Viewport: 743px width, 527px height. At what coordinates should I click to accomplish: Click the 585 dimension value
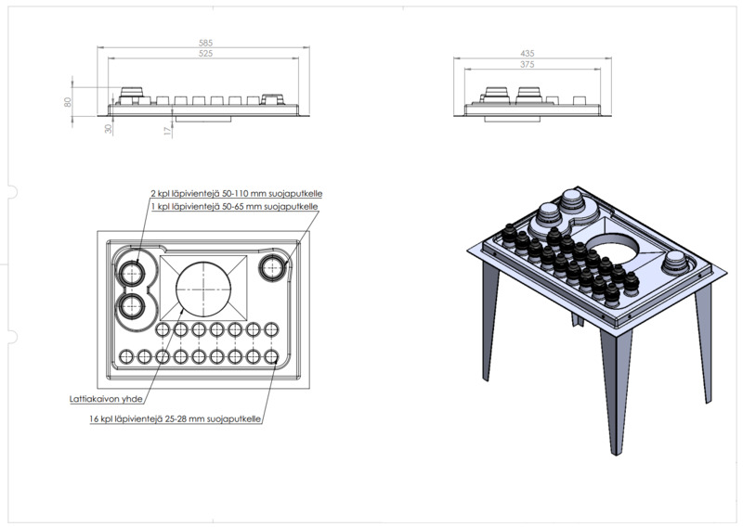tap(205, 43)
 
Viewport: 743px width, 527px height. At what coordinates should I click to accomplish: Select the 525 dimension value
tap(205, 54)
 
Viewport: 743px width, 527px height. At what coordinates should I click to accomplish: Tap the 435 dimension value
tap(527, 54)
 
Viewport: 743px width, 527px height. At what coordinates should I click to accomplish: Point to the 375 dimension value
tap(527, 64)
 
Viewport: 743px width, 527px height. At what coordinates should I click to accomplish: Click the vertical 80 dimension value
tap(67, 101)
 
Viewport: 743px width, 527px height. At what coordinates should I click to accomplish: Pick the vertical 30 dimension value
tap(109, 128)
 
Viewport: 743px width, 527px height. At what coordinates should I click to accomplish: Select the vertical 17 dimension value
tap(167, 131)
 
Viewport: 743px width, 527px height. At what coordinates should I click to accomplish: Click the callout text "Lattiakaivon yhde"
tap(106, 399)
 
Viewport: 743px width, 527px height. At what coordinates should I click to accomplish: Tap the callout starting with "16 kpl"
tap(175, 419)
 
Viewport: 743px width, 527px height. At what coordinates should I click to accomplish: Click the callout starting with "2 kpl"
tap(237, 194)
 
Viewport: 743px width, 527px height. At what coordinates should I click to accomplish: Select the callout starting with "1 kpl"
tap(235, 207)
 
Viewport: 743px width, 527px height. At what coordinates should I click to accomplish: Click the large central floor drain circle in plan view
tap(203, 288)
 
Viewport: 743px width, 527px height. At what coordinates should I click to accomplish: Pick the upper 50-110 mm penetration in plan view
tap(130, 273)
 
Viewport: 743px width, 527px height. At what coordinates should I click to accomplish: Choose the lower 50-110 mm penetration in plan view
tap(130, 306)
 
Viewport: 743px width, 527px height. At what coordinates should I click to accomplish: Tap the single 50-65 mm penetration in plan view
tap(272, 268)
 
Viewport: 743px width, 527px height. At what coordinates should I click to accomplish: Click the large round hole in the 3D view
tap(613, 251)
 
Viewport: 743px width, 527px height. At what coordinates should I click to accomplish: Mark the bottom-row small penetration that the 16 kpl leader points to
tap(271, 356)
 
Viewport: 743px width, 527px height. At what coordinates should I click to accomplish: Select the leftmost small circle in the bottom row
tap(126, 356)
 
